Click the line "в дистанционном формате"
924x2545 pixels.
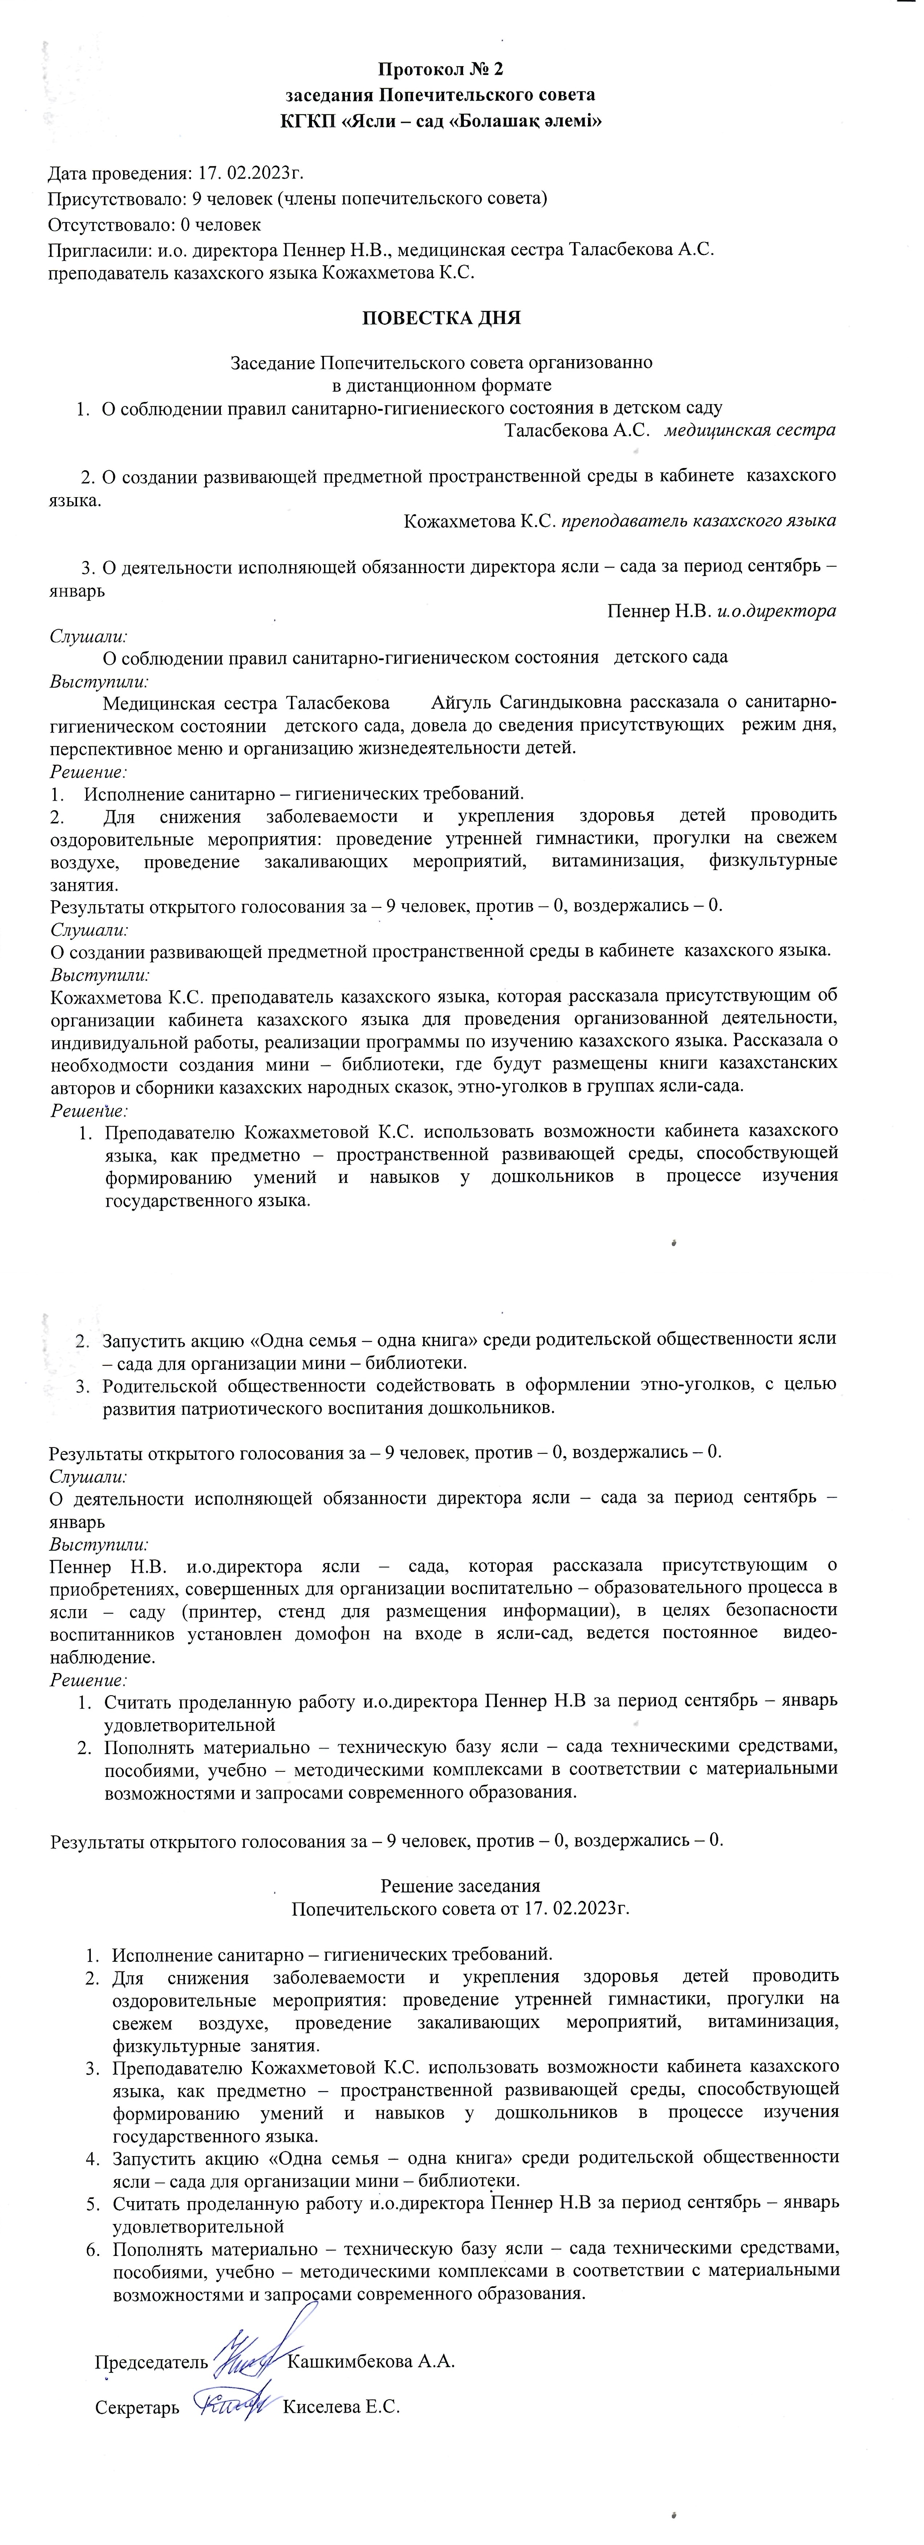(441, 385)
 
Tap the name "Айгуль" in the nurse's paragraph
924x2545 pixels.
(462, 702)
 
